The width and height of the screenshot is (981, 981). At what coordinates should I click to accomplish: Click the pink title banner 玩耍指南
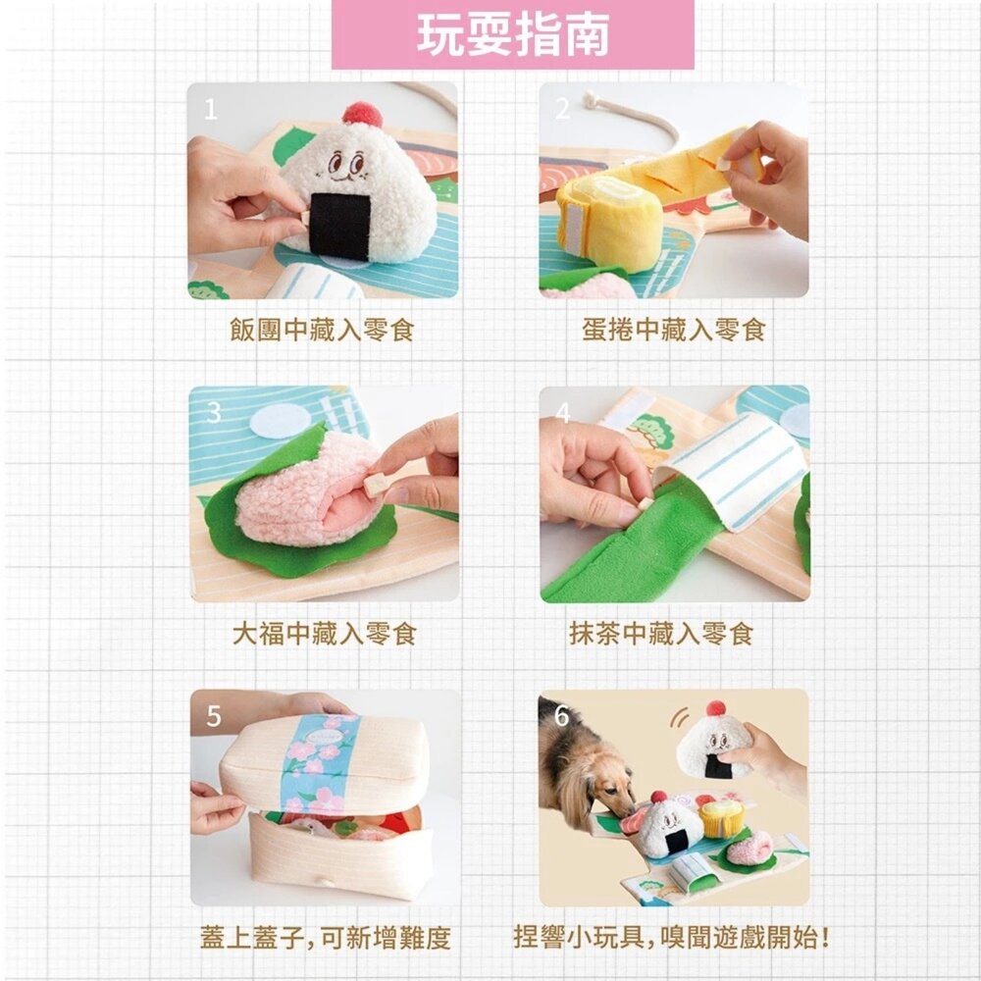(512, 33)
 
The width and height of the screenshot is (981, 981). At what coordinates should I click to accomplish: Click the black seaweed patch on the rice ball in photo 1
(340, 225)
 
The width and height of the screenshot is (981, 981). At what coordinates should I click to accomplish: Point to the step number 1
(211, 110)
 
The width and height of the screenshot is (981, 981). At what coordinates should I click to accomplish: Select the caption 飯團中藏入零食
(322, 330)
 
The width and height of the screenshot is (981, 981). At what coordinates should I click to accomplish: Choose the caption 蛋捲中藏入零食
(673, 330)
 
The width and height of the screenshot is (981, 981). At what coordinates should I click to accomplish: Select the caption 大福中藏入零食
(325, 634)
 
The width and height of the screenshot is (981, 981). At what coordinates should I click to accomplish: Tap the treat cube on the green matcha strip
(645, 503)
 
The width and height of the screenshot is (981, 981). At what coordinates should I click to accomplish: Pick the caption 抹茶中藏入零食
(660, 634)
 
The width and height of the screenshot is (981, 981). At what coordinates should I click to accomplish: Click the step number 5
(213, 716)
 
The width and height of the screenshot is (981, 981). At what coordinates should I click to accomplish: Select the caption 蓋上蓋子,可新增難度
(326, 938)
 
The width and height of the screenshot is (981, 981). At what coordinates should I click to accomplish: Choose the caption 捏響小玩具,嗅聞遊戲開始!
(673, 938)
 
